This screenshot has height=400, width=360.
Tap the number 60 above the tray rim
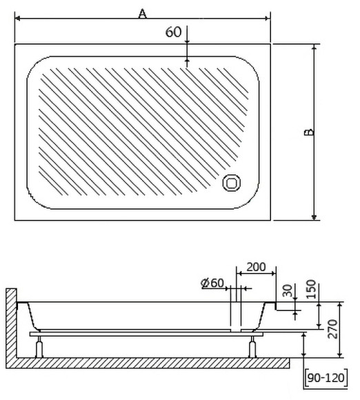pos(174,32)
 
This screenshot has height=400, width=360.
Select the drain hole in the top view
pos(231,183)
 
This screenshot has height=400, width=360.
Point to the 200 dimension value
pos(256,268)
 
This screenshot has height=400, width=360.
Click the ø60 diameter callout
pos(212,283)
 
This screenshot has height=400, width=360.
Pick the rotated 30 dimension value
pos(288,290)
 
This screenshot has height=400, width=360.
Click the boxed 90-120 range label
pos(327,379)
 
